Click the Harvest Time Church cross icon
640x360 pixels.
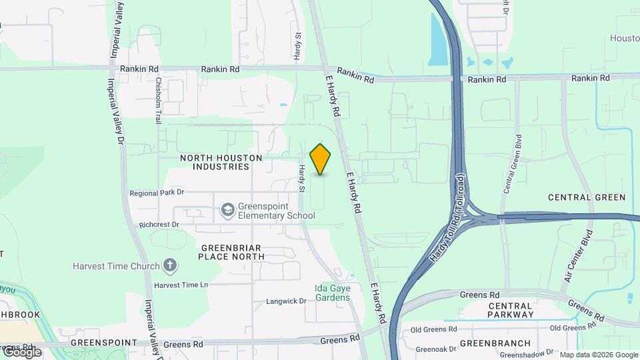click(170, 266)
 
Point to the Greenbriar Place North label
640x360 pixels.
click(233, 251)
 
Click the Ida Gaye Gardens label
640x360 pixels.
click(332, 293)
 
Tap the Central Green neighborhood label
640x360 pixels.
click(587, 197)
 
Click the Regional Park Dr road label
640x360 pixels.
click(157, 193)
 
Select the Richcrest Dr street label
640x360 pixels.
click(159, 225)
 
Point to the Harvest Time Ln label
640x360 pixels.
click(181, 285)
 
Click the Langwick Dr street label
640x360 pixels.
click(286, 301)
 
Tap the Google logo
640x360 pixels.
click(21, 351)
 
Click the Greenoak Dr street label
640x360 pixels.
click(435, 349)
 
